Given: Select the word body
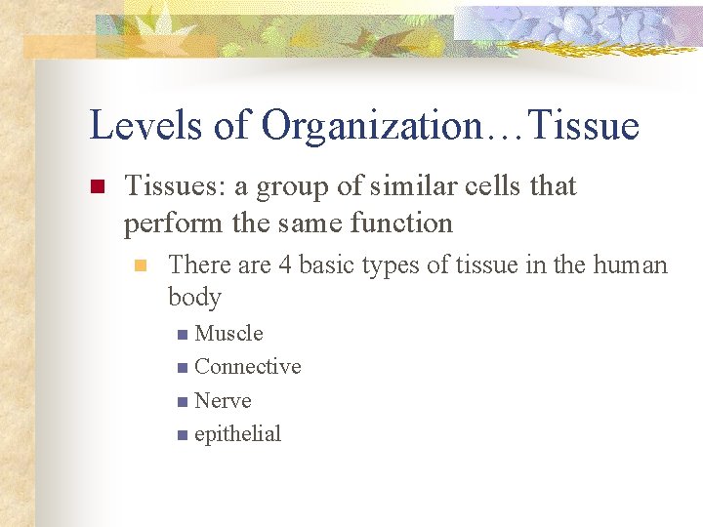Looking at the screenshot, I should click(x=194, y=297).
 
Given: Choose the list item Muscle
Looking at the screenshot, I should click(x=228, y=334).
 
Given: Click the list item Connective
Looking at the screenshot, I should click(x=247, y=367).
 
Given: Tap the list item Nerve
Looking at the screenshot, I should click(x=223, y=401).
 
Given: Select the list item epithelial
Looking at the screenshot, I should click(x=237, y=434).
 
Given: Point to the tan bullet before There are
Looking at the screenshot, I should click(x=141, y=265).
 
